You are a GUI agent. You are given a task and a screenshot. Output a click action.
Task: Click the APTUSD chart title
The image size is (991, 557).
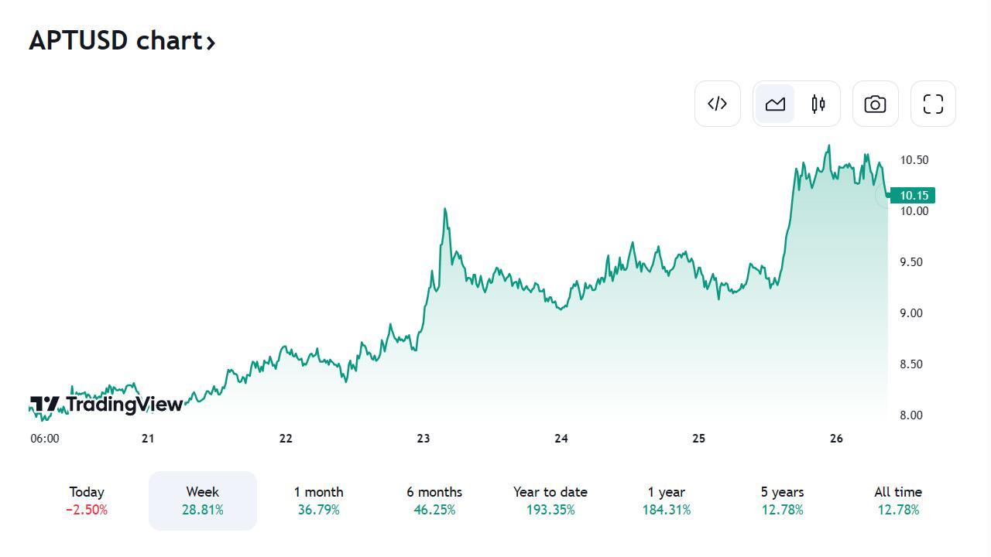[122, 40]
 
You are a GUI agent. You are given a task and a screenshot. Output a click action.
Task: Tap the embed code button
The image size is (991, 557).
[718, 104]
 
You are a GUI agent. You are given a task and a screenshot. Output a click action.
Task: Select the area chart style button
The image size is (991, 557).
[775, 104]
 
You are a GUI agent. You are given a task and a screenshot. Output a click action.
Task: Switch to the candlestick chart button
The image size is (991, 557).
[818, 104]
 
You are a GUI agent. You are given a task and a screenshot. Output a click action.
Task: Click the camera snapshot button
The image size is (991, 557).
[875, 104]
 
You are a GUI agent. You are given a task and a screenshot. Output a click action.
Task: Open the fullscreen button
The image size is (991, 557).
[933, 104]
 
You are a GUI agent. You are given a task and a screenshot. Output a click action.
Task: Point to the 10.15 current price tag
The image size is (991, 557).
[914, 196]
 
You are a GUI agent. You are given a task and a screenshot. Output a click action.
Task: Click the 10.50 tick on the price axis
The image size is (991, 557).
[914, 160]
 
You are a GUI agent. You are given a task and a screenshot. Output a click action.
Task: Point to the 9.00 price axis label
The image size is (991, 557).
[911, 313]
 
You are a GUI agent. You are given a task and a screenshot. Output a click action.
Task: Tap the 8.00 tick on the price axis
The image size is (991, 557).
[911, 415]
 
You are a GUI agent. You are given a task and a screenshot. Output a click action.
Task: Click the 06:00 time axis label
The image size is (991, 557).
[45, 439]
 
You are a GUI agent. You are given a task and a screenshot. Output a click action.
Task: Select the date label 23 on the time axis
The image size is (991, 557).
[423, 439]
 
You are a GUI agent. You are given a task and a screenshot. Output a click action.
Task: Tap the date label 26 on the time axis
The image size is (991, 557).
[836, 439]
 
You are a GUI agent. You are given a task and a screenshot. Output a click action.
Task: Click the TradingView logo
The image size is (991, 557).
[107, 404]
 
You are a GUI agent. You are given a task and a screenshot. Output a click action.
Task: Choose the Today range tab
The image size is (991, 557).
[87, 501]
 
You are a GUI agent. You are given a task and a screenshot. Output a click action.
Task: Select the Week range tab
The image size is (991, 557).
[203, 501]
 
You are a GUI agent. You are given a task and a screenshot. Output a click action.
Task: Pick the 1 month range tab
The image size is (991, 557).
[318, 501]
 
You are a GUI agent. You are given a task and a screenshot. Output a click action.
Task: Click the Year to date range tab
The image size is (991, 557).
[550, 501]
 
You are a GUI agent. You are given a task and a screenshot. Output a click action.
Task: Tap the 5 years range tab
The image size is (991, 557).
[782, 501]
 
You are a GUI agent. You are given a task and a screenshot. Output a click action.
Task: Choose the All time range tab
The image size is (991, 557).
[898, 501]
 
